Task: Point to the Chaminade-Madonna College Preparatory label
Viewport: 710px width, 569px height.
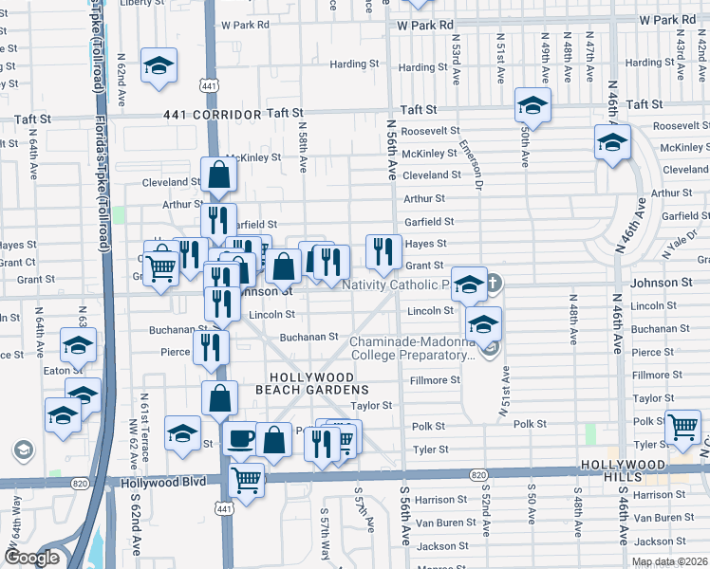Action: [413, 349]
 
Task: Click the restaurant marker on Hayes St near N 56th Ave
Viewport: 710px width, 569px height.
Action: [383, 250]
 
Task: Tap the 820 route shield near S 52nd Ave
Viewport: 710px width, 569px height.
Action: [479, 474]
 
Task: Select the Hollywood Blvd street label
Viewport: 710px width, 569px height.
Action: [163, 482]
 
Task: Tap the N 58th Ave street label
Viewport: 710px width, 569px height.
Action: [302, 146]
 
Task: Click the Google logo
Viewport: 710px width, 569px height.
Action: [32, 558]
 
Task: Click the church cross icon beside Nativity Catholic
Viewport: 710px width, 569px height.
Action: [495, 283]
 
